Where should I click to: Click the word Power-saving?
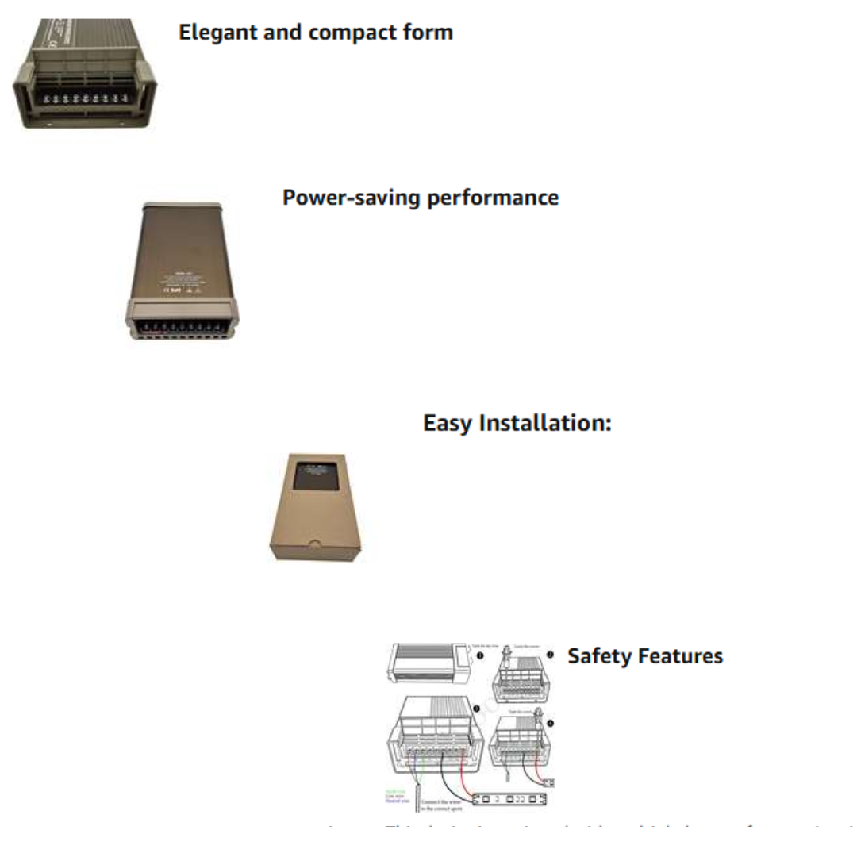pyautogui.click(x=352, y=198)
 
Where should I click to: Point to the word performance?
pyautogui.click(x=493, y=198)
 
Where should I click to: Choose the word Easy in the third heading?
pyautogui.click(x=448, y=423)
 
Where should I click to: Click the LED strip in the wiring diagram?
pyautogui.click(x=512, y=797)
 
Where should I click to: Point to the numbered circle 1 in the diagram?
pyautogui.click(x=480, y=655)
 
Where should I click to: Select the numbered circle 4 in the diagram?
pyautogui.click(x=550, y=724)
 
